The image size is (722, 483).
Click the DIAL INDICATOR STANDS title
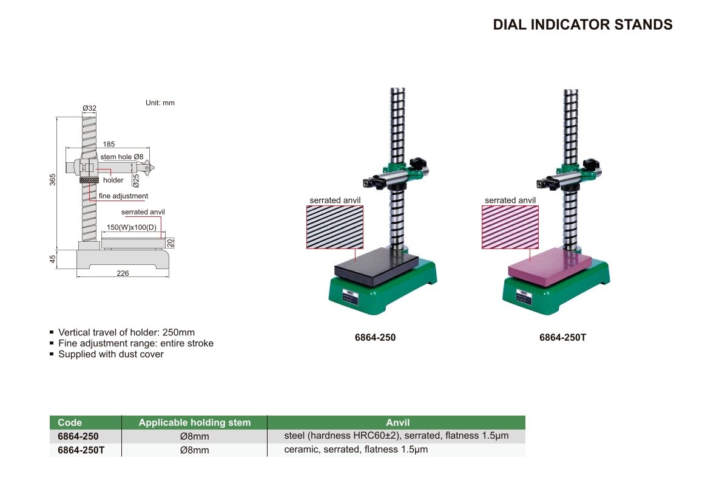pyautogui.click(x=582, y=24)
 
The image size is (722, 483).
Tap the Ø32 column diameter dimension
pyautogui.click(x=89, y=108)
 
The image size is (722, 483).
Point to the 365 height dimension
pyautogui.click(x=53, y=180)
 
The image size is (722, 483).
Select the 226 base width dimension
pyautogui.click(x=123, y=273)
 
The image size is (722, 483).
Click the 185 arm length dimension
pyautogui.click(x=109, y=144)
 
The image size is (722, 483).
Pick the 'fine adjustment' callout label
pyautogui.click(x=123, y=196)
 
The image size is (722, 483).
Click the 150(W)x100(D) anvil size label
pyautogui.click(x=132, y=227)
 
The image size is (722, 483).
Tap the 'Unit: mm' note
pyautogui.click(x=160, y=103)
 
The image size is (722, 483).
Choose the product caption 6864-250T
pyautogui.click(x=562, y=337)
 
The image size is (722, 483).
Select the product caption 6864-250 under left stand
pyautogui.click(x=376, y=337)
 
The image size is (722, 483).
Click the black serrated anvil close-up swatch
pyautogui.click(x=335, y=227)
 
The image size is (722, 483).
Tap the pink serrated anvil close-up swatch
pyautogui.click(x=510, y=227)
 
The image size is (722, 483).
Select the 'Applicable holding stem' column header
pyautogui.click(x=195, y=423)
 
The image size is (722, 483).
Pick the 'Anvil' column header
pyautogui.click(x=398, y=423)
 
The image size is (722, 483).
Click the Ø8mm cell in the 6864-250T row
pyautogui.click(x=195, y=450)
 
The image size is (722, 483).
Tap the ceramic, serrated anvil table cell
pyautogui.click(x=356, y=450)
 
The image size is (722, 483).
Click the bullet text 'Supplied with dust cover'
pyautogui.click(x=111, y=354)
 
